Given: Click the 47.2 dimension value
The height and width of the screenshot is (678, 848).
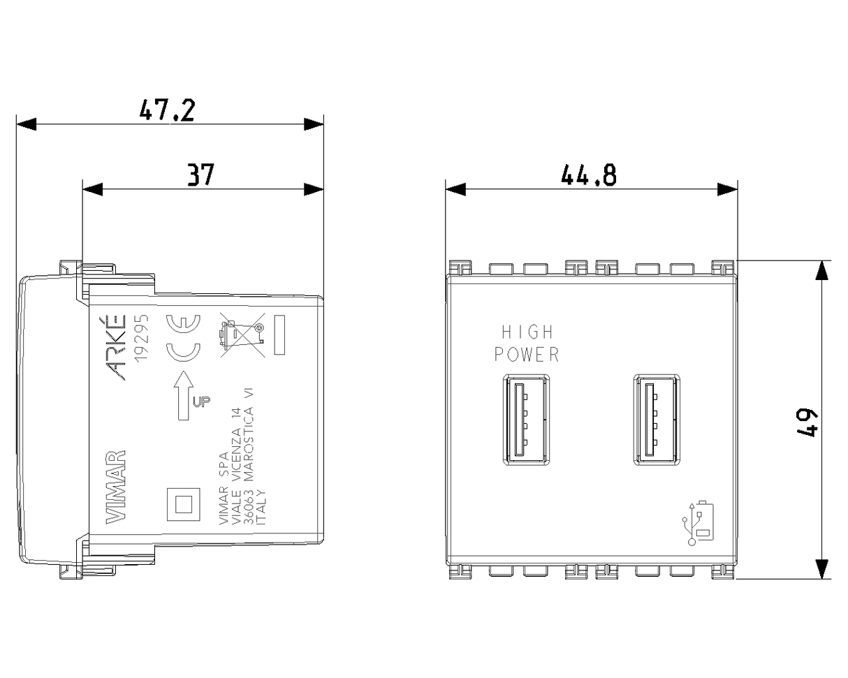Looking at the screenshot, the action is pyautogui.click(x=167, y=110).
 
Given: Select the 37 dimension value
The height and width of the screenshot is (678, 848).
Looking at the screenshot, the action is pyautogui.click(x=200, y=175).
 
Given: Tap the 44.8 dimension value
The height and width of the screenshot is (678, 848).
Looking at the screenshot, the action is pyautogui.click(x=588, y=175).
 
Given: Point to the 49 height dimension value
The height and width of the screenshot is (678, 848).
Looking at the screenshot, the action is pyautogui.click(x=807, y=423).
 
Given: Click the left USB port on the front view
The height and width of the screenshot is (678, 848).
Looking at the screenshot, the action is pyautogui.click(x=526, y=420).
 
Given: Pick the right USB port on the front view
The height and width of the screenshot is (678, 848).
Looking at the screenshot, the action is pyautogui.click(x=657, y=420).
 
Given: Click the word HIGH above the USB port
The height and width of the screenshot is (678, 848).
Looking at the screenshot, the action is pyautogui.click(x=527, y=332).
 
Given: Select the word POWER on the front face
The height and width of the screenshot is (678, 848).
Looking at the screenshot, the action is pyautogui.click(x=527, y=354).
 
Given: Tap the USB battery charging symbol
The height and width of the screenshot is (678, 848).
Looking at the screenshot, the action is pyautogui.click(x=698, y=523).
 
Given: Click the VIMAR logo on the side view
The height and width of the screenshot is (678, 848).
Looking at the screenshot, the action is pyautogui.click(x=116, y=487).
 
